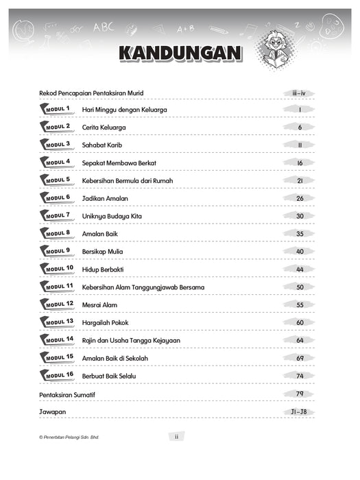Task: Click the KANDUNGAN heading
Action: pos(181,53)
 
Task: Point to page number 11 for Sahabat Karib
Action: pos(300,145)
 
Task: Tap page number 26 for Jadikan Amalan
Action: pos(300,198)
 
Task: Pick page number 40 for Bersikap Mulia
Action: pos(300,251)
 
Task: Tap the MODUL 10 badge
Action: pos(57,269)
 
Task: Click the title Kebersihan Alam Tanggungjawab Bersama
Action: pos(143,287)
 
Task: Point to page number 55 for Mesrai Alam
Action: pos(300,304)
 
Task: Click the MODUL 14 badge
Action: pos(57,340)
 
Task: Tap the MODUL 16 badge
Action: pos(57,376)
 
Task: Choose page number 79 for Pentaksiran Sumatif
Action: pos(300,394)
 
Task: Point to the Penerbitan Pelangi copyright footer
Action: pos(69,437)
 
